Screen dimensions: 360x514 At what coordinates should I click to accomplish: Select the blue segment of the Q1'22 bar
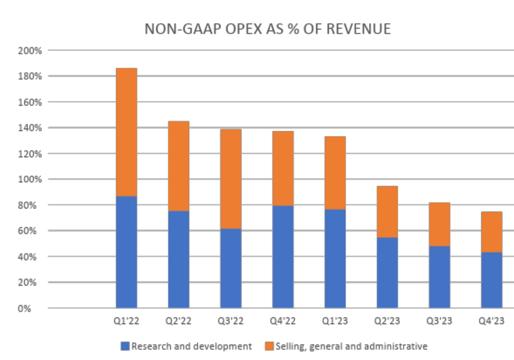coord(126,252)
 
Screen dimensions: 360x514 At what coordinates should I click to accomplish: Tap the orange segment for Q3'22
coord(231,179)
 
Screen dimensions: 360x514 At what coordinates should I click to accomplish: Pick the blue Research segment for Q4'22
coord(283,256)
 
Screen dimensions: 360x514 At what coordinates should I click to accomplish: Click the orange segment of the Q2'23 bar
coord(387,212)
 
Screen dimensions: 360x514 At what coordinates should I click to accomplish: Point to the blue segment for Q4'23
coord(491,280)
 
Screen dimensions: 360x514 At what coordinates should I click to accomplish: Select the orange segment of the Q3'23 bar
coord(439,224)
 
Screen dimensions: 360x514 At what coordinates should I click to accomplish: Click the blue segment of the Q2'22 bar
coord(179,259)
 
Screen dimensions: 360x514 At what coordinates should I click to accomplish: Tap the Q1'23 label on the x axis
coord(335,321)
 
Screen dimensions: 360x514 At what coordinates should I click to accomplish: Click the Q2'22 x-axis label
coord(178,321)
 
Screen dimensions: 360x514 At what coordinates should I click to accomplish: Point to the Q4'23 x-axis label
coord(491,321)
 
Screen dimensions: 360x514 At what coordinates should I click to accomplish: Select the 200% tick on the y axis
coord(30,51)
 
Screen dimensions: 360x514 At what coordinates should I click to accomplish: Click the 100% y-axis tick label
coord(30,180)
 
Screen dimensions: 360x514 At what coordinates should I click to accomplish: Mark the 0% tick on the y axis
coord(24,308)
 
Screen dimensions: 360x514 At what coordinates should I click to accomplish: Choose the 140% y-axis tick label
coord(30,128)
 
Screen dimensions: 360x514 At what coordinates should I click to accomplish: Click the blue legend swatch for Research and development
coord(125,346)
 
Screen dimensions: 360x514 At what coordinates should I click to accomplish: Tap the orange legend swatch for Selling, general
coord(269,346)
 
